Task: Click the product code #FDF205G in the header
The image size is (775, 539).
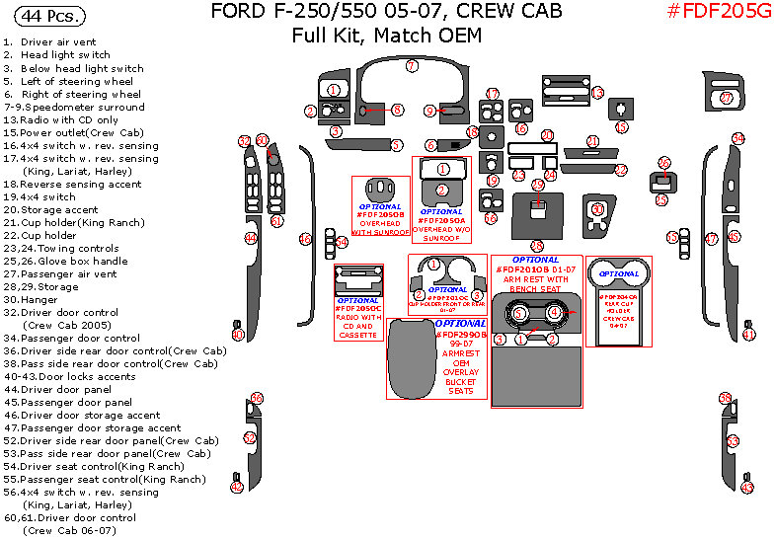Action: click(x=720, y=13)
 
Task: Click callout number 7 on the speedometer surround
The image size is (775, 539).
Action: click(x=412, y=66)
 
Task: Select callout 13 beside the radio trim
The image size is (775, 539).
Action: click(x=597, y=93)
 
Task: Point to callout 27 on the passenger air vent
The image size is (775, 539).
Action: click(x=726, y=98)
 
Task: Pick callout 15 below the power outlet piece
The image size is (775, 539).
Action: click(x=621, y=127)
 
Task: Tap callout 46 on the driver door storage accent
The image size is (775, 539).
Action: click(x=305, y=239)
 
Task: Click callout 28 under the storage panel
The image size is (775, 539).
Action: click(x=537, y=246)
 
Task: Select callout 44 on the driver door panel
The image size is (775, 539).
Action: click(x=251, y=238)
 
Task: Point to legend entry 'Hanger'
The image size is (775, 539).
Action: click(x=39, y=299)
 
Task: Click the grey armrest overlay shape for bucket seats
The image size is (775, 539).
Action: click(x=410, y=361)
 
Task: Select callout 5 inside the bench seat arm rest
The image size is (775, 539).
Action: click(x=519, y=313)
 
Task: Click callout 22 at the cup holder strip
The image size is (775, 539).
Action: click(x=621, y=170)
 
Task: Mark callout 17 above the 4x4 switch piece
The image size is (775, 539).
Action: click(x=492, y=94)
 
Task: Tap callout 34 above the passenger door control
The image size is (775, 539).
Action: click(x=736, y=138)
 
